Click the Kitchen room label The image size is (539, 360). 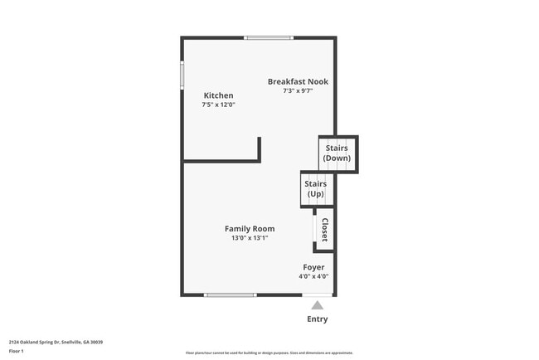[218, 95]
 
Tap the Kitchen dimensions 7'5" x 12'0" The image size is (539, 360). [218, 105]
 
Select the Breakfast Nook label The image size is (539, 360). [298, 81]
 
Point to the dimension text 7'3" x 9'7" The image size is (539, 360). [298, 91]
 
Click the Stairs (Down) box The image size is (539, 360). [337, 153]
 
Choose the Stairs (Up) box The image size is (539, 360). [315, 189]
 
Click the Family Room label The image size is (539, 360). [250, 228]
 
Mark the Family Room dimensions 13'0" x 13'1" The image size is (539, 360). [250, 238]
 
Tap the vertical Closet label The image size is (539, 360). [324, 230]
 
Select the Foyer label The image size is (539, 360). [313, 267]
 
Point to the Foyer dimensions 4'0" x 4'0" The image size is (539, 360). [313, 277]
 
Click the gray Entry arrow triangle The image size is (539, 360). [317, 305]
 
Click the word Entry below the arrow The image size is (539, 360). [317, 319]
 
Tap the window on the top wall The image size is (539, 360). [269, 37]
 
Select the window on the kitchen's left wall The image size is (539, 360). [182, 75]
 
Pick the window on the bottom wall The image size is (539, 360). [230, 295]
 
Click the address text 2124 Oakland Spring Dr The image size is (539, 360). [56, 342]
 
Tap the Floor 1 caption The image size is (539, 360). [17, 352]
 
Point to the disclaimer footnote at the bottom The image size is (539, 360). [269, 353]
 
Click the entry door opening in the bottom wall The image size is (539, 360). [317, 295]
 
